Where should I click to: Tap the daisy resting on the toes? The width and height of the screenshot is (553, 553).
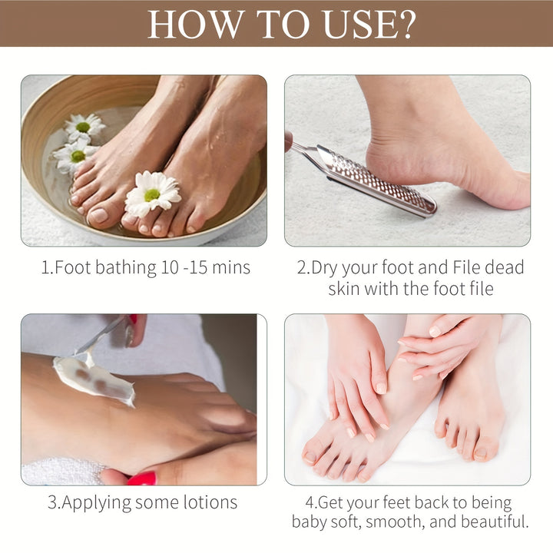click(x=153, y=194)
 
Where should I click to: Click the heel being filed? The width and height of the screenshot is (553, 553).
click(x=384, y=157)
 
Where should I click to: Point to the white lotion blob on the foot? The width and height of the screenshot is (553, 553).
click(x=94, y=379)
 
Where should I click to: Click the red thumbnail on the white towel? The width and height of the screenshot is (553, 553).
click(x=141, y=478)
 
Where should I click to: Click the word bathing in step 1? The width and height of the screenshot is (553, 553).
click(x=125, y=268)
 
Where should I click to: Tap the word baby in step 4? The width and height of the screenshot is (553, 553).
click(x=312, y=522)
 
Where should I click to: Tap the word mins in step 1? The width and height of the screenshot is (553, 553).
click(x=230, y=268)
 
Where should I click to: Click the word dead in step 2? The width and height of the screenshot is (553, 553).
click(x=504, y=268)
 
